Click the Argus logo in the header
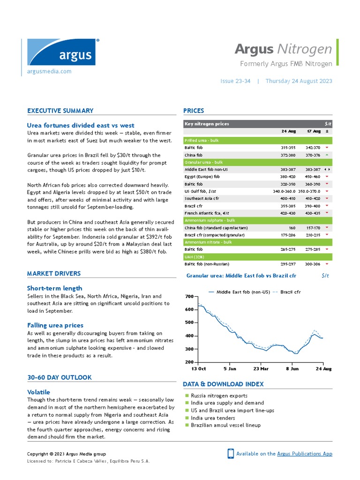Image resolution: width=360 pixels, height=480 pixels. (61, 52)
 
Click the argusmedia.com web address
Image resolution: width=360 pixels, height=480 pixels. (49, 71)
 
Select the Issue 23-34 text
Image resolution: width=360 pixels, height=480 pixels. (235, 81)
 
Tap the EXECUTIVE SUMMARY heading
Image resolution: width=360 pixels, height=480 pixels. (60, 111)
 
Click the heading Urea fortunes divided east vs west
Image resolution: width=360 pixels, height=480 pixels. (81, 125)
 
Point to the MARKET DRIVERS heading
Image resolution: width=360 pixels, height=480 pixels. (54, 273)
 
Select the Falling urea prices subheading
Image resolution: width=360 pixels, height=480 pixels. (55, 325)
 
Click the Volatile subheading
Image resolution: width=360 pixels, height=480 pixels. (38, 392)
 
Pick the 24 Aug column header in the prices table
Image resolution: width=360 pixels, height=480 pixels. (288, 131)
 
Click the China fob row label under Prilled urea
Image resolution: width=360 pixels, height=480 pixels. (194, 155)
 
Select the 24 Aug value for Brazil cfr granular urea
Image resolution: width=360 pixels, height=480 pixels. (288, 206)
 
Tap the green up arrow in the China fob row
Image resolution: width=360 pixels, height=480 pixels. (327, 155)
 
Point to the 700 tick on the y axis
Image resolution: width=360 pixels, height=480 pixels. (189, 297)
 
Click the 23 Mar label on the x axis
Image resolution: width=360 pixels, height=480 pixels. (261, 369)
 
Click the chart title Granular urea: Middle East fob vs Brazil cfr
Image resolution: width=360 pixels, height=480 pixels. (241, 276)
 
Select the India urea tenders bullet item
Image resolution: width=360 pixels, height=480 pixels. (213, 418)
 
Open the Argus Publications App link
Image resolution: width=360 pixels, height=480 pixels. (305, 453)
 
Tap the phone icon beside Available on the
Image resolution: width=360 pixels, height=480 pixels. (231, 453)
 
